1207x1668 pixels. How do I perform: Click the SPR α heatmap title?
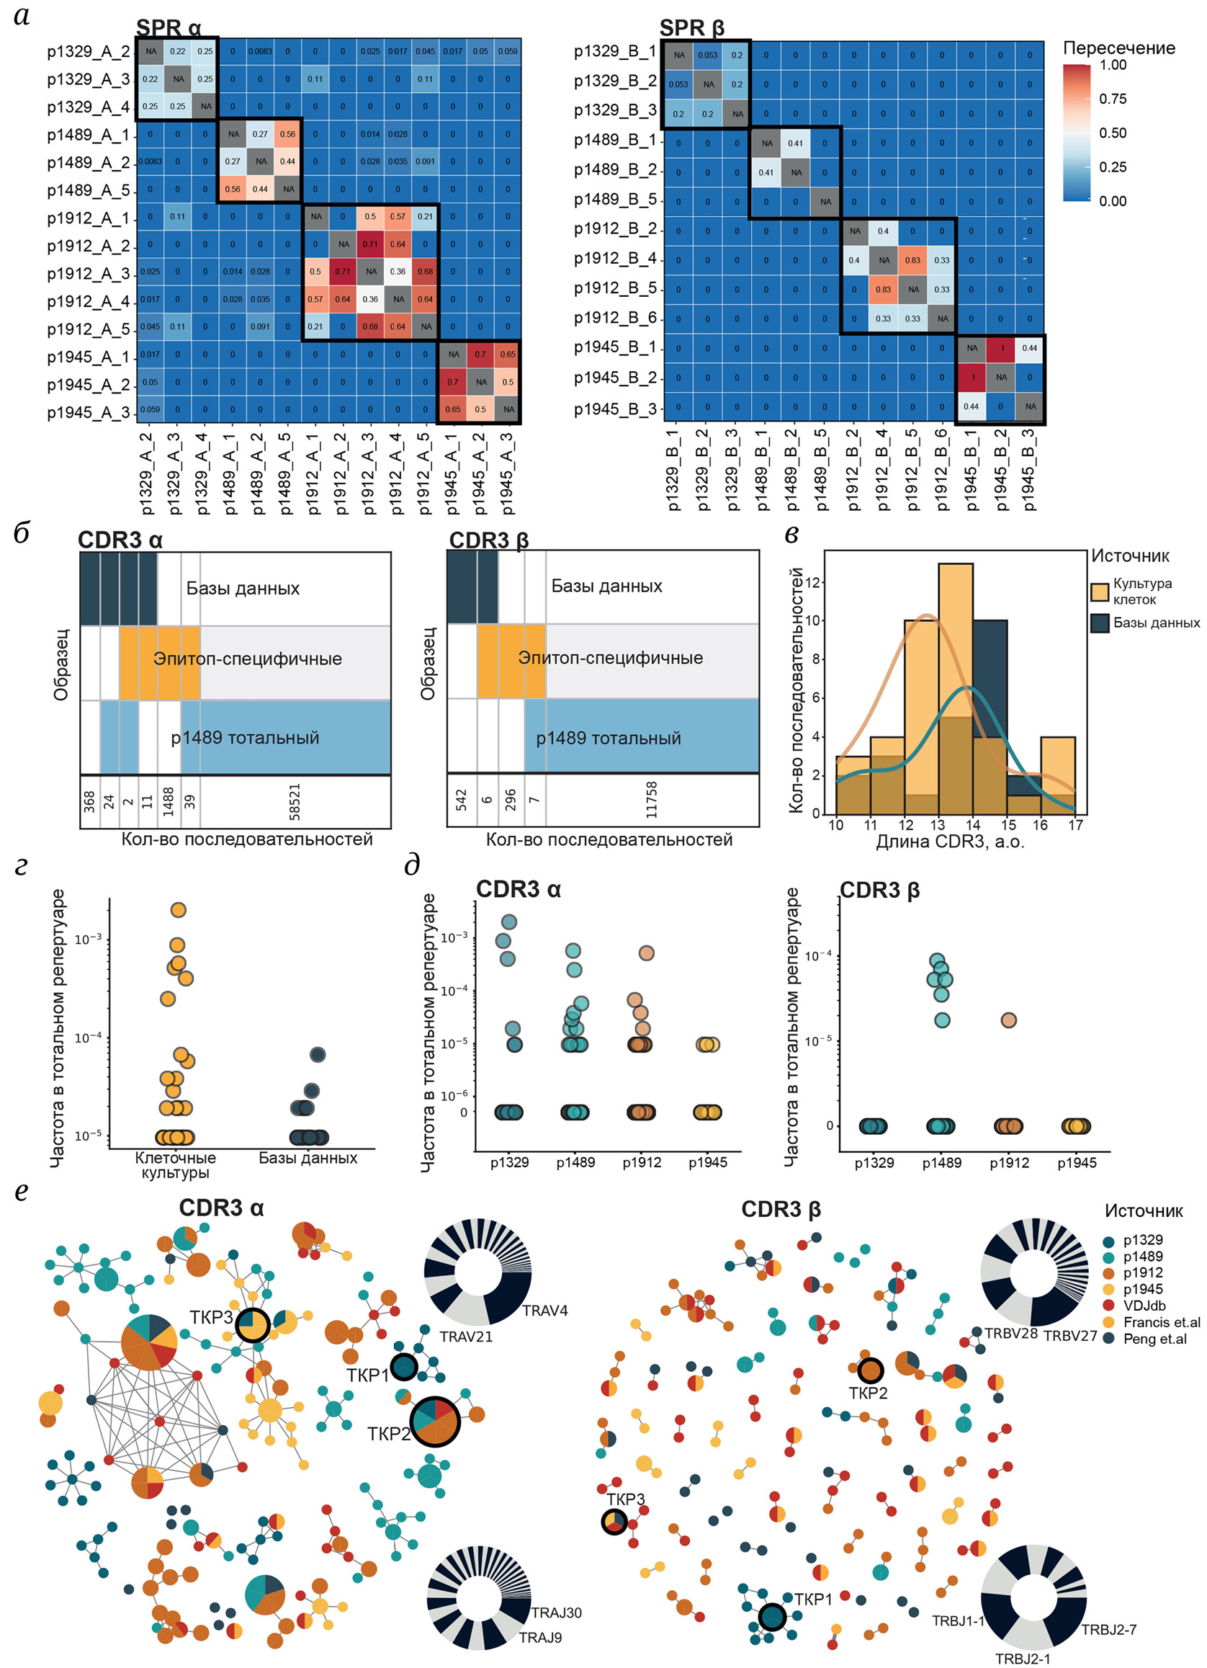click(x=169, y=28)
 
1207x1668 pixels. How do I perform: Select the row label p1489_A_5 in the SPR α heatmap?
click(x=88, y=190)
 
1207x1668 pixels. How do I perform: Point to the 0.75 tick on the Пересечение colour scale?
click(x=1112, y=99)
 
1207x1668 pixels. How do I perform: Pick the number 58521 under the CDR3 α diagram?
click(x=295, y=802)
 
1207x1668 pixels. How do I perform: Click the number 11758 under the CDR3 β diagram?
click(x=651, y=800)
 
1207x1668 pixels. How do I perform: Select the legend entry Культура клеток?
click(x=1141, y=592)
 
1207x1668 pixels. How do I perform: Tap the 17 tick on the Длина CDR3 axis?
click(x=1075, y=825)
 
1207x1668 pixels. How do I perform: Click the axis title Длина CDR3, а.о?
click(x=950, y=842)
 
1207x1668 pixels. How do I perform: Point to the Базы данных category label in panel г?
click(x=308, y=1159)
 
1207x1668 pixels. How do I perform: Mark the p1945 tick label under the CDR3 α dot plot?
click(x=707, y=1163)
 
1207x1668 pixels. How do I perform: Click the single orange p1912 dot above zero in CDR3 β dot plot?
click(x=1008, y=1020)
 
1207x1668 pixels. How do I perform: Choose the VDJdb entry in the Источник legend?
click(x=1144, y=1306)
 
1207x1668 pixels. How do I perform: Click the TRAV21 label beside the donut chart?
click(x=466, y=1337)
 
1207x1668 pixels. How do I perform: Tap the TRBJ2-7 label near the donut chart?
click(x=1108, y=1630)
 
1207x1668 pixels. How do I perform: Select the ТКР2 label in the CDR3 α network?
click(x=389, y=1434)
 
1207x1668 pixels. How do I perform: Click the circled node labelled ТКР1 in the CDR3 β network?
click(x=772, y=1618)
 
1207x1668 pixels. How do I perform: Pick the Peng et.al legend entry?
click(x=1154, y=1339)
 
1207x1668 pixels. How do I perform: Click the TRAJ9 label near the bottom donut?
click(x=540, y=1637)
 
